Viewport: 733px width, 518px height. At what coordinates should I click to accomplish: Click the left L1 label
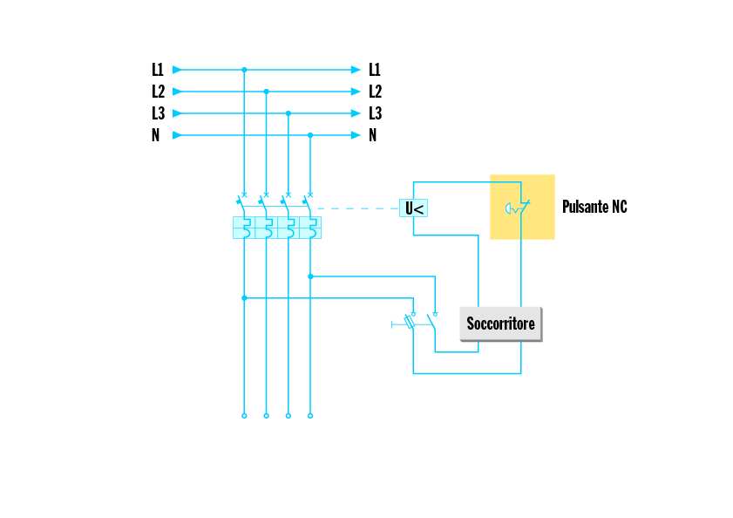click(x=157, y=70)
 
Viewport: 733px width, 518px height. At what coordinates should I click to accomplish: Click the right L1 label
click(x=375, y=70)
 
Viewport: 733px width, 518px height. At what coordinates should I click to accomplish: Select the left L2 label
click(x=157, y=92)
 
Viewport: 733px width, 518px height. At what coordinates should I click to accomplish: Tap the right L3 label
click(x=375, y=113)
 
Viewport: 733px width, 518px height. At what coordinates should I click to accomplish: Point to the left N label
click(x=155, y=135)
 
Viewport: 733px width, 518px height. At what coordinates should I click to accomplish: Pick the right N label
click(x=373, y=135)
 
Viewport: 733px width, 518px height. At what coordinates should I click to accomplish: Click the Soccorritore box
click(x=500, y=324)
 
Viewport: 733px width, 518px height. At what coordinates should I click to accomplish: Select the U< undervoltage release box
click(x=414, y=208)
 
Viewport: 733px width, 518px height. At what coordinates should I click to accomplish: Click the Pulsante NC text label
click(x=594, y=208)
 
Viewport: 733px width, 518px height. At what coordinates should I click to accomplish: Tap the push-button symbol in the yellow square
click(x=517, y=208)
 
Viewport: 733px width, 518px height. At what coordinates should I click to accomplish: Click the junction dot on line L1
click(x=244, y=70)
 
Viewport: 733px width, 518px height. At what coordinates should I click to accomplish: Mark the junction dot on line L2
click(x=266, y=92)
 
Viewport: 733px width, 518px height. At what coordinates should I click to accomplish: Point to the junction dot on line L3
click(x=288, y=113)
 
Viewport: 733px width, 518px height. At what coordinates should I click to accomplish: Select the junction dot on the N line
click(x=310, y=135)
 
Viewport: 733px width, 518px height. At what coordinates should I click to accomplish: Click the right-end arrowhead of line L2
click(x=356, y=92)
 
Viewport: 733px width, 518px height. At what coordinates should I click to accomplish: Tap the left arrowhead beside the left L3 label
click(x=177, y=113)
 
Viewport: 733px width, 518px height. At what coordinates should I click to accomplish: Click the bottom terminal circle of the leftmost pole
click(x=244, y=416)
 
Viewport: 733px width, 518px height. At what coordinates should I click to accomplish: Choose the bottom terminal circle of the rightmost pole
click(x=310, y=416)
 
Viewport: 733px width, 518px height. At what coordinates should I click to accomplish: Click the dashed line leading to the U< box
click(x=357, y=208)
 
